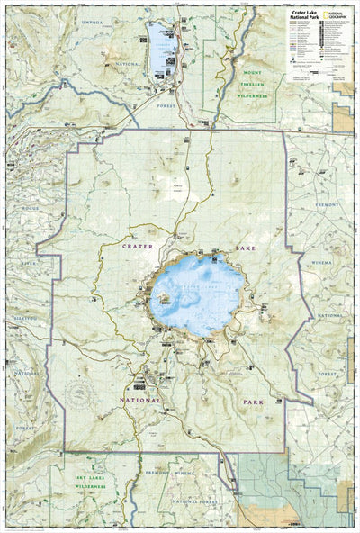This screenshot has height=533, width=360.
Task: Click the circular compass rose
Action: pyautogui.click(x=80, y=392)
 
